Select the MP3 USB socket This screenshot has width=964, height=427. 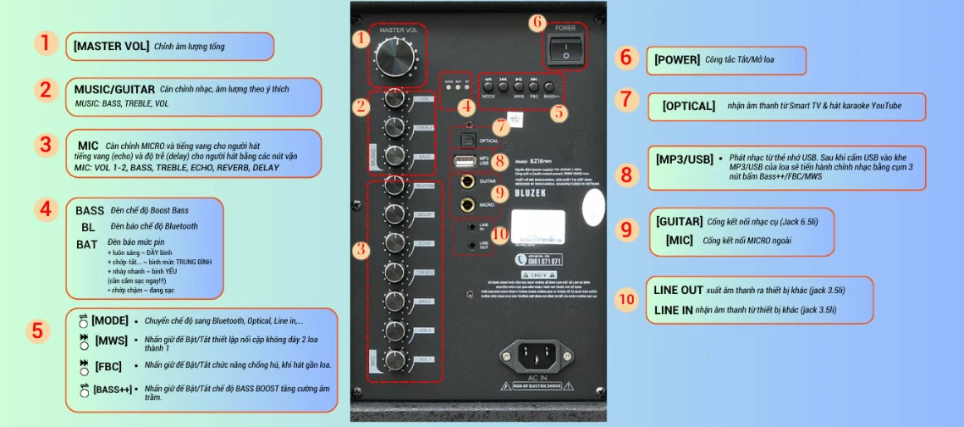(x=464, y=160)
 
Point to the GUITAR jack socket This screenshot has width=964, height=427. (x=466, y=180)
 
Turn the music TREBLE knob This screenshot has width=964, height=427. (x=394, y=128)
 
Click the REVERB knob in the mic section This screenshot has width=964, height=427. (x=394, y=185)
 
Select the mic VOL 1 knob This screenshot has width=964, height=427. (x=394, y=358)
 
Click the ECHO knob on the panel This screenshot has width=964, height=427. (x=394, y=243)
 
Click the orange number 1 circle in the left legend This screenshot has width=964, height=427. (x=46, y=44)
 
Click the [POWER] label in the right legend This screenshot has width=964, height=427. (x=677, y=60)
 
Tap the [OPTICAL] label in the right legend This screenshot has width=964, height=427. (x=689, y=106)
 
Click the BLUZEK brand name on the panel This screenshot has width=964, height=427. (x=532, y=193)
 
